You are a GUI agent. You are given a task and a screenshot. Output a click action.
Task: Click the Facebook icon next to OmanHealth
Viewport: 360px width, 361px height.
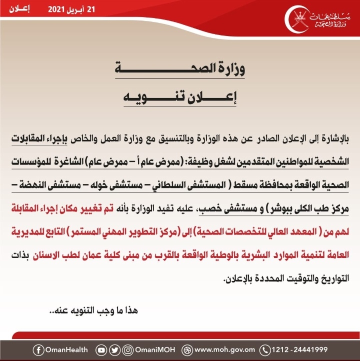[38, 350]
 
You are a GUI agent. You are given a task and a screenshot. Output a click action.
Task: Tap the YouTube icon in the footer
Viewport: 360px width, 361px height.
[101, 350]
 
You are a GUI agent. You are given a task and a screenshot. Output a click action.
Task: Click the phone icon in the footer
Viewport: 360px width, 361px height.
[266, 350]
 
